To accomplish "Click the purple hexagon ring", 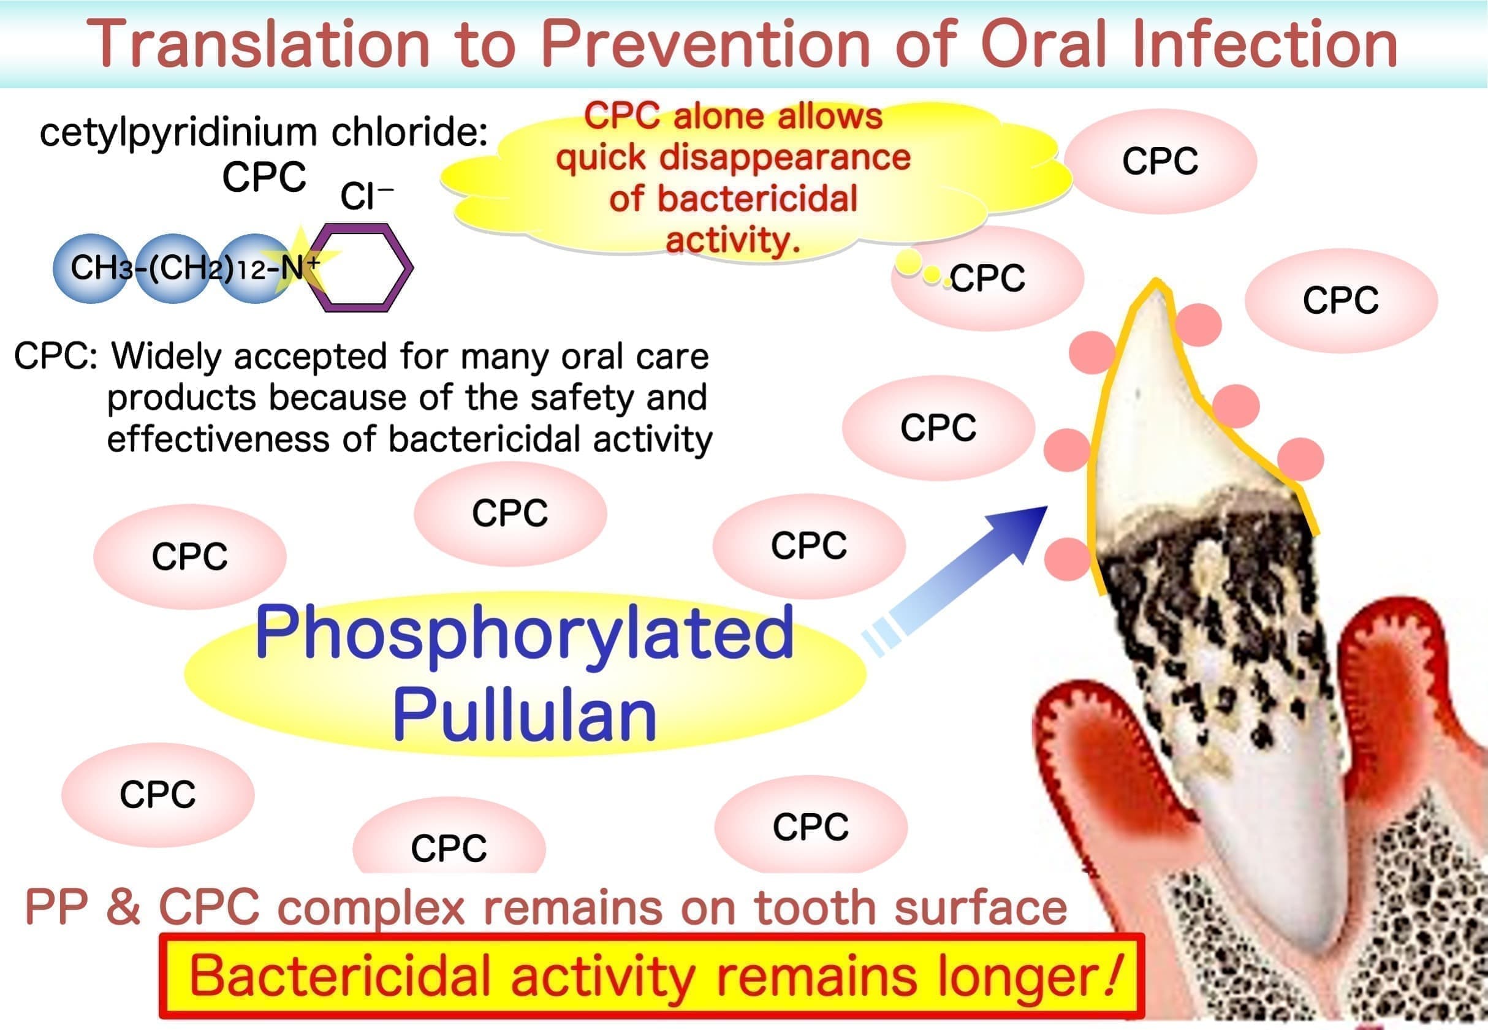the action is [359, 268].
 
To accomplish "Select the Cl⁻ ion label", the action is [366, 196].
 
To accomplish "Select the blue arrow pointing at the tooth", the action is [955, 580].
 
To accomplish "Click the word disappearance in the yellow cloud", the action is [784, 158].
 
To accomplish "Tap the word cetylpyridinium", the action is [178, 134].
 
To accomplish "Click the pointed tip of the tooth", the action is [1156, 281].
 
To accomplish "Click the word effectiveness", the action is [219, 439].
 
